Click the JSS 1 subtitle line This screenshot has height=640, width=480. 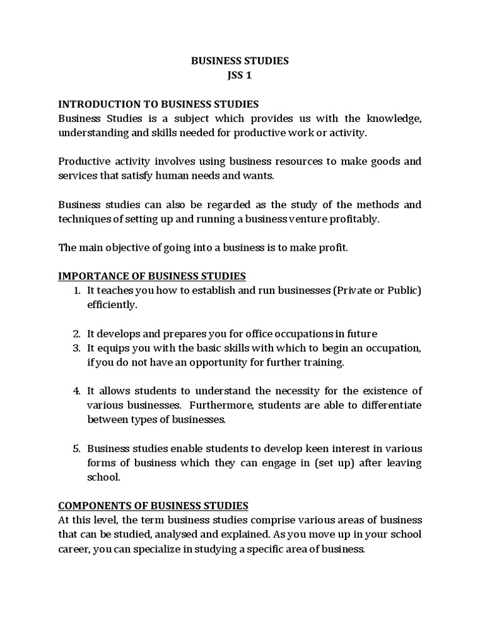click(x=239, y=76)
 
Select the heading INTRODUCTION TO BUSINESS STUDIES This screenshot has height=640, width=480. click(x=158, y=104)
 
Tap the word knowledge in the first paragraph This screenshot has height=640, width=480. click(x=392, y=118)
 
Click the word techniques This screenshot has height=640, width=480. click(x=82, y=219)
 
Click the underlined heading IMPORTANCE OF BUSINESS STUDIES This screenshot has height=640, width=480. click(x=152, y=276)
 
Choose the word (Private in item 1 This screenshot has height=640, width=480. click(x=351, y=291)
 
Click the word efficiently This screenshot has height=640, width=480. click(x=111, y=305)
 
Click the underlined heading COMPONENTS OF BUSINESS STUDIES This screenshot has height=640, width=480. click(x=153, y=506)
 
